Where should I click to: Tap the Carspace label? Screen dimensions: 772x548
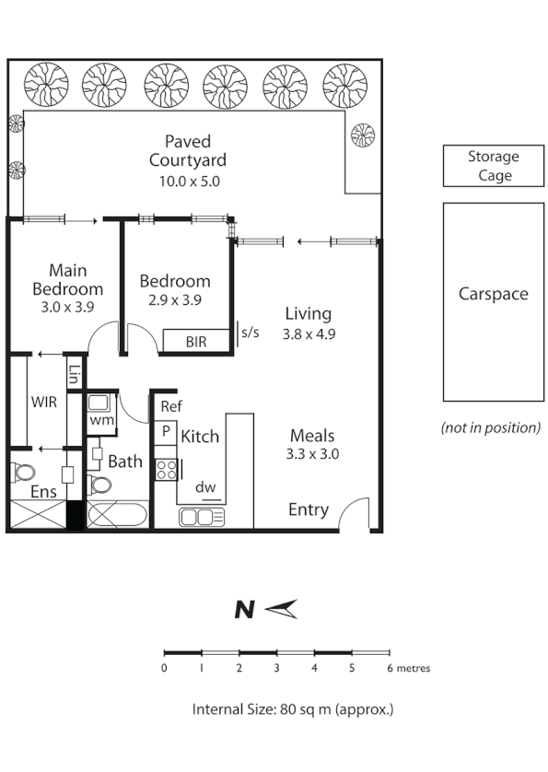[x=493, y=294]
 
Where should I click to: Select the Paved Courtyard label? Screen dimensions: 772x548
[x=187, y=151]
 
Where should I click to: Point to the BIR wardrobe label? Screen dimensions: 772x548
[x=196, y=342]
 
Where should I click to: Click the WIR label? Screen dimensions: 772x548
[x=44, y=403]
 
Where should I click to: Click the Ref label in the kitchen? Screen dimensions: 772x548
[x=170, y=406]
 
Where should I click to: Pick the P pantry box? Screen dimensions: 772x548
[x=167, y=430]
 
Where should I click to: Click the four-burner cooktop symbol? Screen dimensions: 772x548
[x=167, y=470]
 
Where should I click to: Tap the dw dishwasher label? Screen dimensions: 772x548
[x=206, y=487]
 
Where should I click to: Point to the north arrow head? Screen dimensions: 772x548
[x=284, y=609]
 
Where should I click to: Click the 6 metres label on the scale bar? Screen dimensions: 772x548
[x=407, y=668]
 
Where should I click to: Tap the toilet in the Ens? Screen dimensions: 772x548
[x=23, y=473]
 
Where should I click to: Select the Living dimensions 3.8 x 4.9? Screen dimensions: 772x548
[x=308, y=334]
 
